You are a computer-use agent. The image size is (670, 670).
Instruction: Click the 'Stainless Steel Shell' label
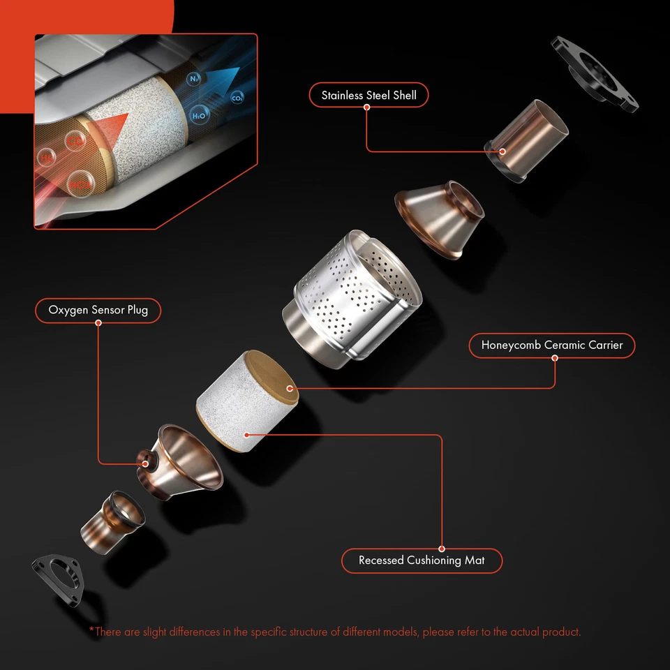(368, 95)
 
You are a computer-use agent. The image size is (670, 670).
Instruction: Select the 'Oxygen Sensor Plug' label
(98, 310)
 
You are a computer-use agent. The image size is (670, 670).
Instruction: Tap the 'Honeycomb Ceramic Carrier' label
(551, 345)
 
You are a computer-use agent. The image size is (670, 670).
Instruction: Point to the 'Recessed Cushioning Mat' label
(421, 560)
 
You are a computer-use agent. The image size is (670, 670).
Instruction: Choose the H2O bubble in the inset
(199, 115)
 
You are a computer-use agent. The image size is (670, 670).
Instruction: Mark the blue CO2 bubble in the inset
(237, 98)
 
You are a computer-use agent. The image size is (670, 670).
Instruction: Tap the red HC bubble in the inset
(47, 158)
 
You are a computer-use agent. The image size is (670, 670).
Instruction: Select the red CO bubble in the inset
(75, 141)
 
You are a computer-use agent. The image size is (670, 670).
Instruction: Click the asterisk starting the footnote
(91, 631)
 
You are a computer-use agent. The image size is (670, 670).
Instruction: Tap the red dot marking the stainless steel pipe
(502, 151)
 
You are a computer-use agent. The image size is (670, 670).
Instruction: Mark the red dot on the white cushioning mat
(246, 433)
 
